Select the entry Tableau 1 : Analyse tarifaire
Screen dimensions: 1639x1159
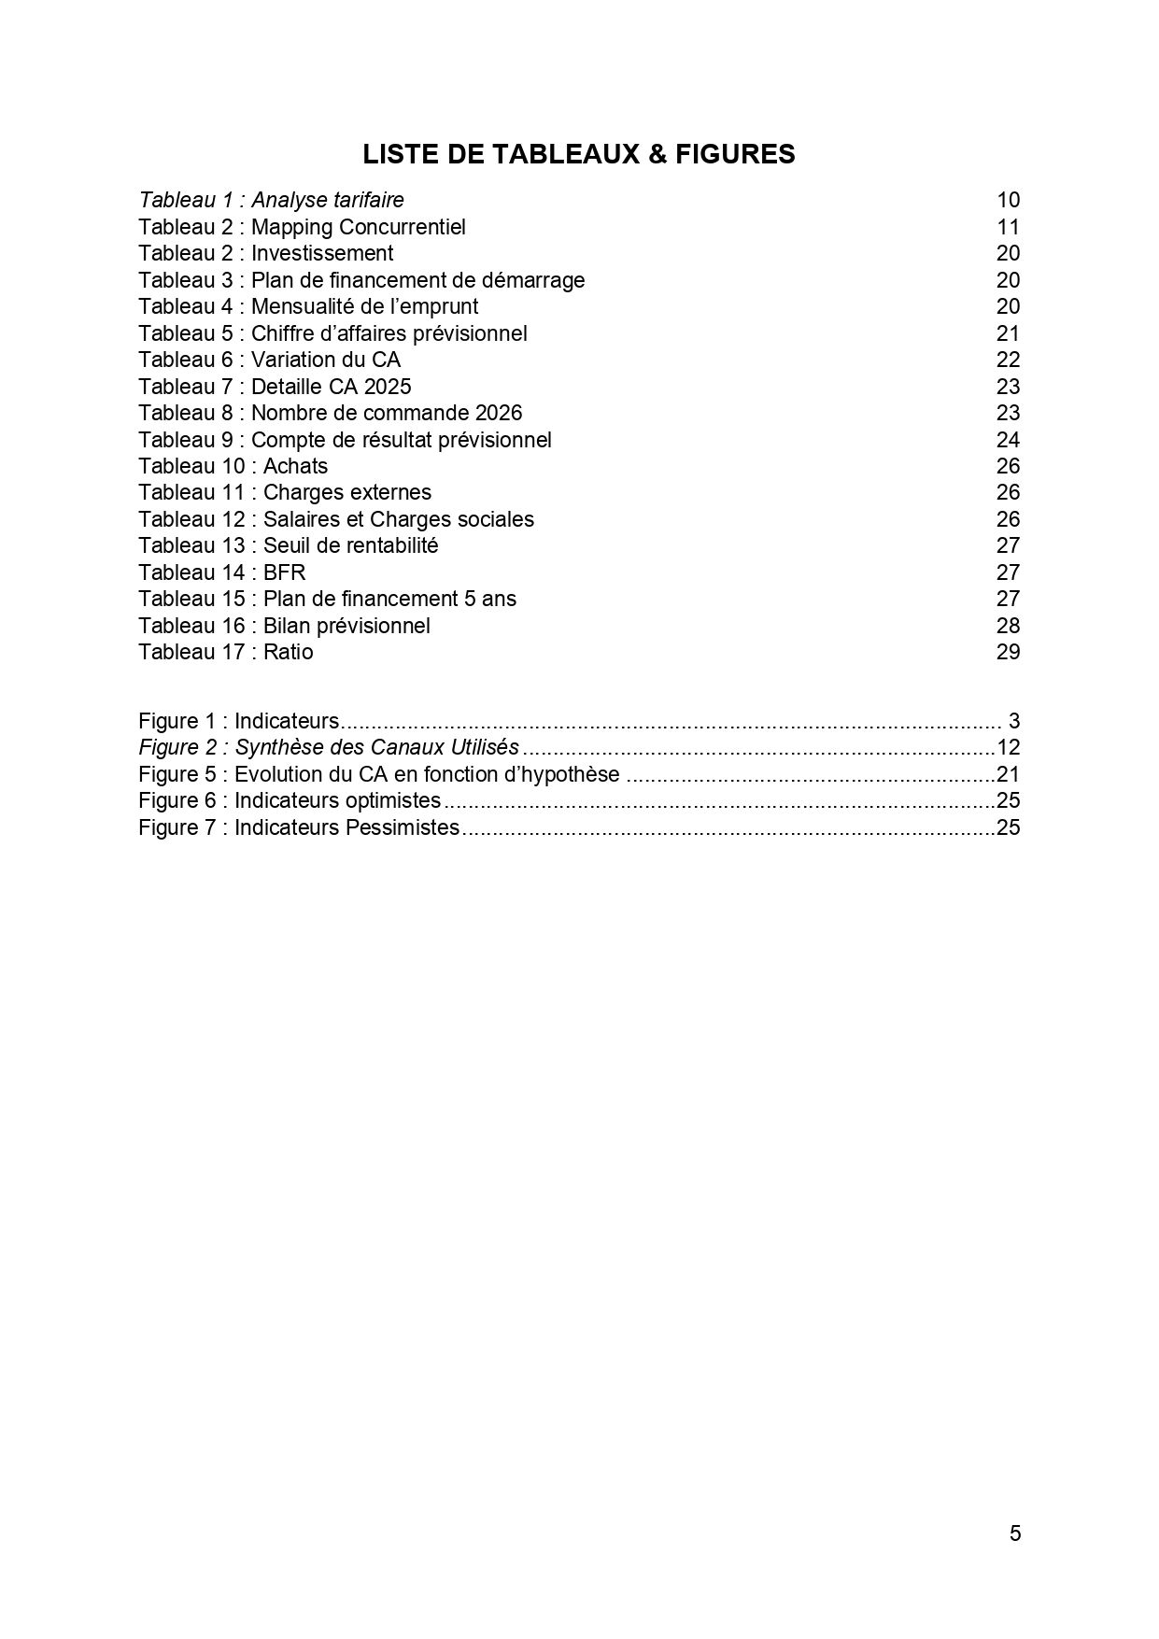pyautogui.click(x=271, y=200)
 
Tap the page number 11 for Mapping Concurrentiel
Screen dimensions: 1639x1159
pyautogui.click(x=1008, y=227)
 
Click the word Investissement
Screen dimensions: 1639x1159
pyautogui.click(x=322, y=253)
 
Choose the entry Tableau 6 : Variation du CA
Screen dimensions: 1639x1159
pyautogui.click(x=269, y=360)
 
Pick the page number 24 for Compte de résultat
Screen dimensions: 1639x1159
pyautogui.click(x=1008, y=440)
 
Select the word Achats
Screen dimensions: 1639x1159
pyautogui.click(x=295, y=466)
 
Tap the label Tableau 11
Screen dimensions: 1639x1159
pyautogui.click(x=191, y=492)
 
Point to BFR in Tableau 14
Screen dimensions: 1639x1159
pyautogui.click(x=284, y=572)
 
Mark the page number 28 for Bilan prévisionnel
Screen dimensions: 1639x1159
pyautogui.click(x=1008, y=626)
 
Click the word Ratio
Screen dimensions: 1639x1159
pyautogui.click(x=288, y=652)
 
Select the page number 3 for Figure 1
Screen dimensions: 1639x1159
pyautogui.click(x=1014, y=721)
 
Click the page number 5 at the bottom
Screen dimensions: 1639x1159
pyautogui.click(x=1015, y=1533)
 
